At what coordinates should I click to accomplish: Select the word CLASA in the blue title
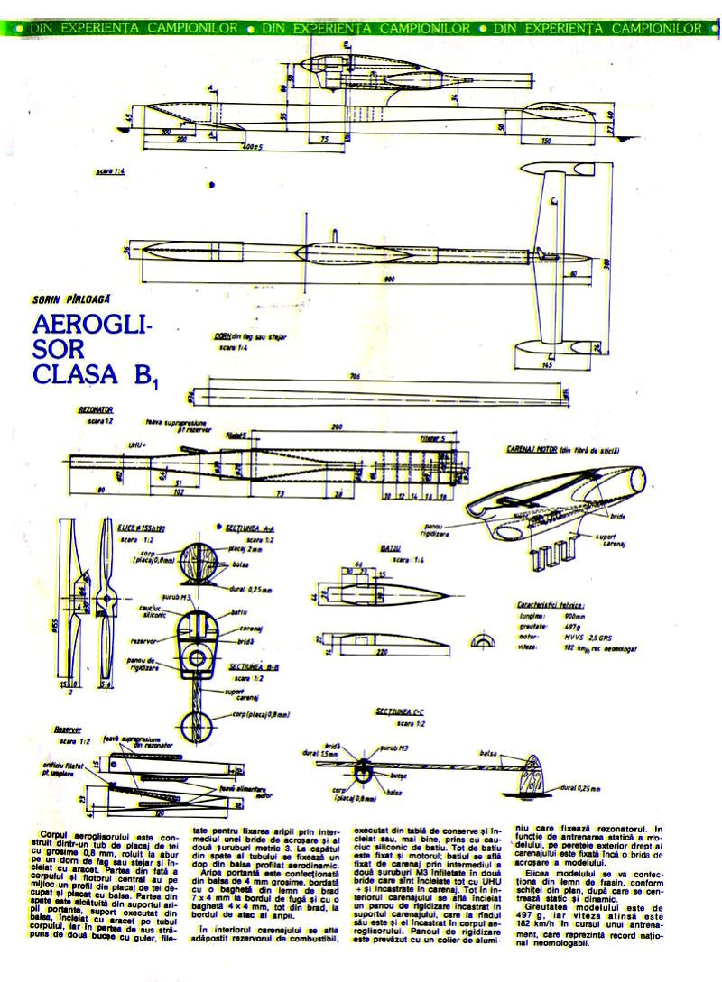pyautogui.click(x=81, y=372)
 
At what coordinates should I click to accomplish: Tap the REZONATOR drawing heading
pyautogui.click(x=96, y=409)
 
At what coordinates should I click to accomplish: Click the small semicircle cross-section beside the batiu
pyautogui.click(x=485, y=639)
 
